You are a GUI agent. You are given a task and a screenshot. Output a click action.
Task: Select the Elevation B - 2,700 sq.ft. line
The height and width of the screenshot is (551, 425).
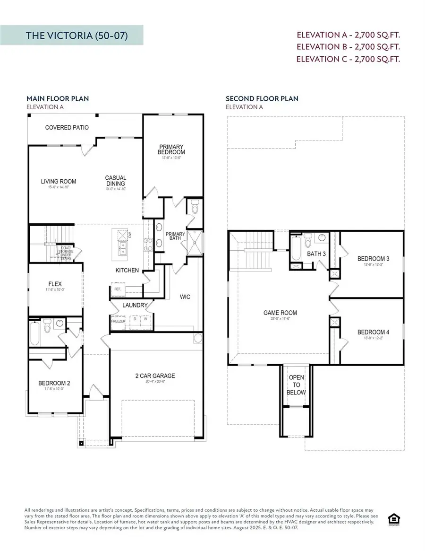(x=348, y=47)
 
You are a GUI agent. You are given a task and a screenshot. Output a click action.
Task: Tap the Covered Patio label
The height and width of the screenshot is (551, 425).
(x=67, y=128)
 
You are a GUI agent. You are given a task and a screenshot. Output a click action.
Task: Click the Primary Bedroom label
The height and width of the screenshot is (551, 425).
(x=171, y=149)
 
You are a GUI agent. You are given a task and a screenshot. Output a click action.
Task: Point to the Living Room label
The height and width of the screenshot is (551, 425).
(x=58, y=182)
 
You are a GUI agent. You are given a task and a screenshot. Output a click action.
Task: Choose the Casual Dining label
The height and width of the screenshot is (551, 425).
(x=116, y=181)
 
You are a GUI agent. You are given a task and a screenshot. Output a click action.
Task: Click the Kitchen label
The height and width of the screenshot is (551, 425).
(x=127, y=271)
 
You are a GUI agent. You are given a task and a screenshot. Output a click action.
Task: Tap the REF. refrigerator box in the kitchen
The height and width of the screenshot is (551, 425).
(x=117, y=289)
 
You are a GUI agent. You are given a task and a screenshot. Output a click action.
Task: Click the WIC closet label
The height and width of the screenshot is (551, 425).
(x=185, y=297)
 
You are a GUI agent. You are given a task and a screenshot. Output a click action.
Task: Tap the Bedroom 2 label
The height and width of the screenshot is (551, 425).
(x=54, y=384)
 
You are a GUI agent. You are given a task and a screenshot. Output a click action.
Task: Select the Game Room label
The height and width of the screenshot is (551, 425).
(x=280, y=313)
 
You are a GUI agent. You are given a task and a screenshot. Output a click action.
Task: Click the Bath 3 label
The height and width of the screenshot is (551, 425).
(x=316, y=254)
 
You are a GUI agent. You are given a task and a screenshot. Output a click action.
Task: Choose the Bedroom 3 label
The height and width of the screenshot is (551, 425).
(x=373, y=259)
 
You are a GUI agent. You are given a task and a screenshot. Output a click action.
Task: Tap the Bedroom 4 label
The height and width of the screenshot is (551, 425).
(x=373, y=332)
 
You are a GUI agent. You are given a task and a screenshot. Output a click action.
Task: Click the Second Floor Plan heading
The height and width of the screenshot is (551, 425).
(x=262, y=99)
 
